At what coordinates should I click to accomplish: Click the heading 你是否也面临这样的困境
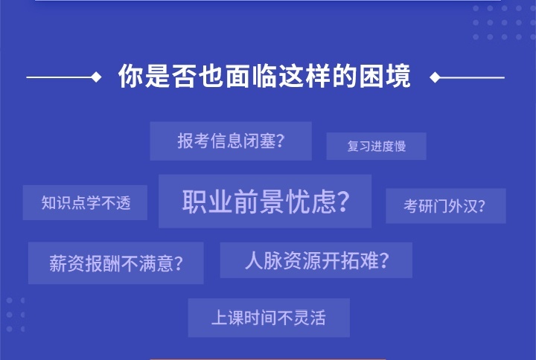point(264,77)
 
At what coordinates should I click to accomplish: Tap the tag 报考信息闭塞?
point(231,141)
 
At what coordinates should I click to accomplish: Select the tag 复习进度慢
point(376,146)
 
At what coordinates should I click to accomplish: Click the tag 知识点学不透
point(85,203)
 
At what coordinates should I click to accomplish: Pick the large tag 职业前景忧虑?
point(265,202)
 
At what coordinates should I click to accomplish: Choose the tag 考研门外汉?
point(445,206)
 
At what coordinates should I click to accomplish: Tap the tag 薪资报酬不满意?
point(115,263)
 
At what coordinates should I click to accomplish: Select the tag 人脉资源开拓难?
point(316,260)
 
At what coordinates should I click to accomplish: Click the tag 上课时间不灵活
point(269,318)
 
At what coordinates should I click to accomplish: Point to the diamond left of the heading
point(96,77)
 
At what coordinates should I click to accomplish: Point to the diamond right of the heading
point(435,77)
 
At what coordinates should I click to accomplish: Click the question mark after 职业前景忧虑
point(343,202)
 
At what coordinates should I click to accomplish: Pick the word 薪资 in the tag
point(67,263)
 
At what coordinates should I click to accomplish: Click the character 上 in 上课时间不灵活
point(219,318)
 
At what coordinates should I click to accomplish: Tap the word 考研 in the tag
point(418,206)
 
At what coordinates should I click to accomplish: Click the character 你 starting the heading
point(130,77)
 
